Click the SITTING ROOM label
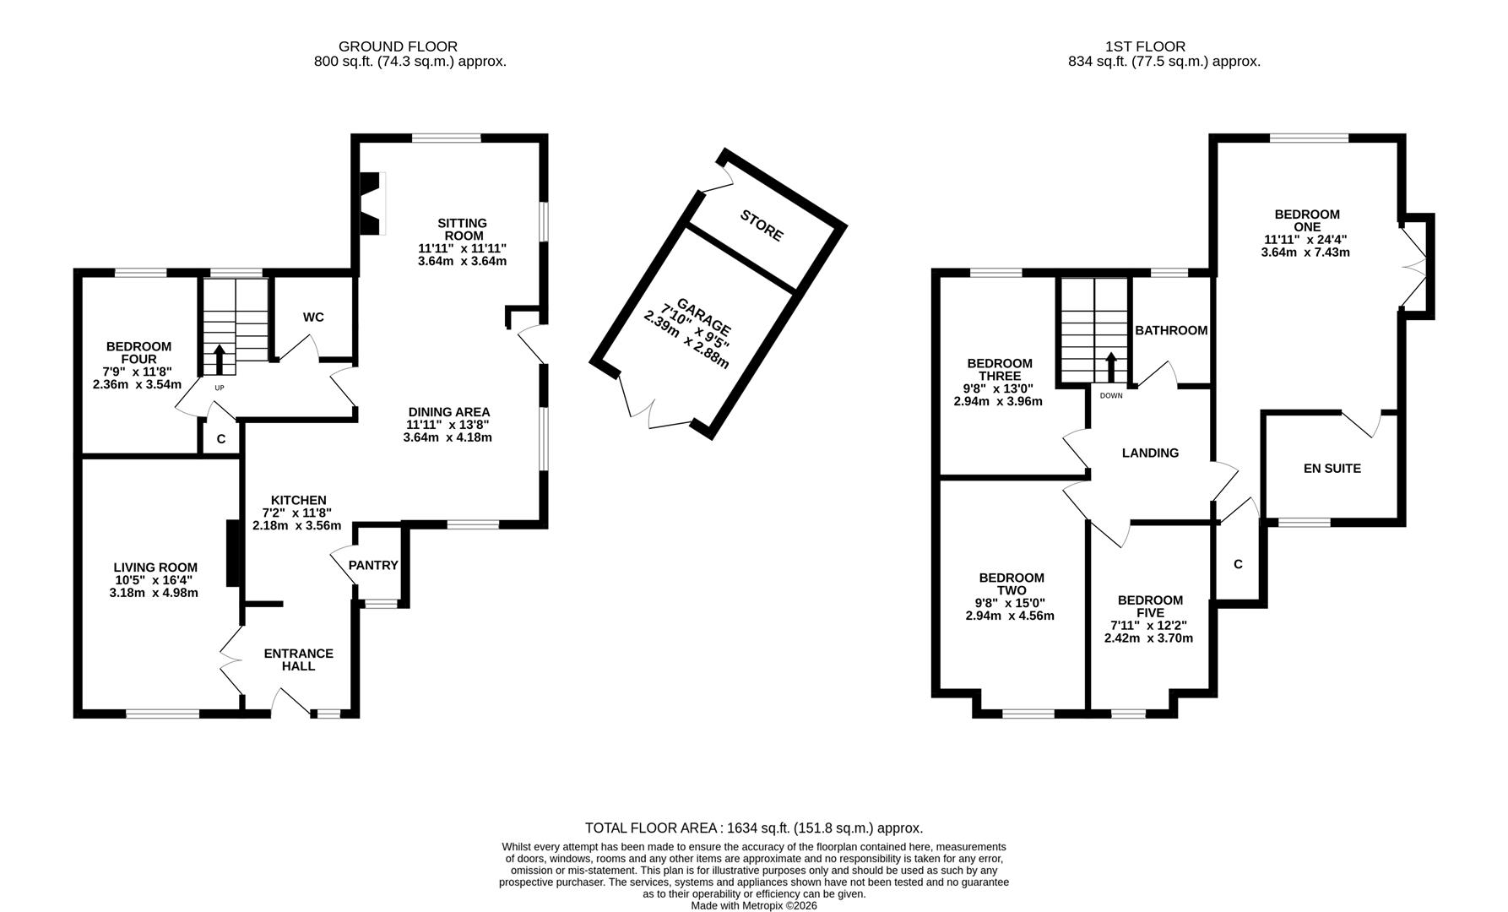click(x=462, y=229)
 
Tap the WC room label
click(x=313, y=318)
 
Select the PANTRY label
click(x=373, y=565)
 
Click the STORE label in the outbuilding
click(x=762, y=225)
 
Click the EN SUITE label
click(x=1332, y=468)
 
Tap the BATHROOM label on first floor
click(x=1170, y=330)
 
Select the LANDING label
click(x=1150, y=453)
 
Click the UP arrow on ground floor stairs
click(x=220, y=359)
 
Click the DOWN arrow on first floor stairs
click(x=1111, y=367)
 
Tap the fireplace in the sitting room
click(x=371, y=204)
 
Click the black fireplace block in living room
click(x=231, y=553)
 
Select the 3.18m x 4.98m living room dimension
click(x=154, y=593)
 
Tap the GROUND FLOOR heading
click(x=398, y=46)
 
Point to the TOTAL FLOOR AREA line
click(x=753, y=828)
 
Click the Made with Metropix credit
click(x=753, y=905)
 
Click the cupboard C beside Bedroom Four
click(x=221, y=439)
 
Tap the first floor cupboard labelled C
click(x=1238, y=564)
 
